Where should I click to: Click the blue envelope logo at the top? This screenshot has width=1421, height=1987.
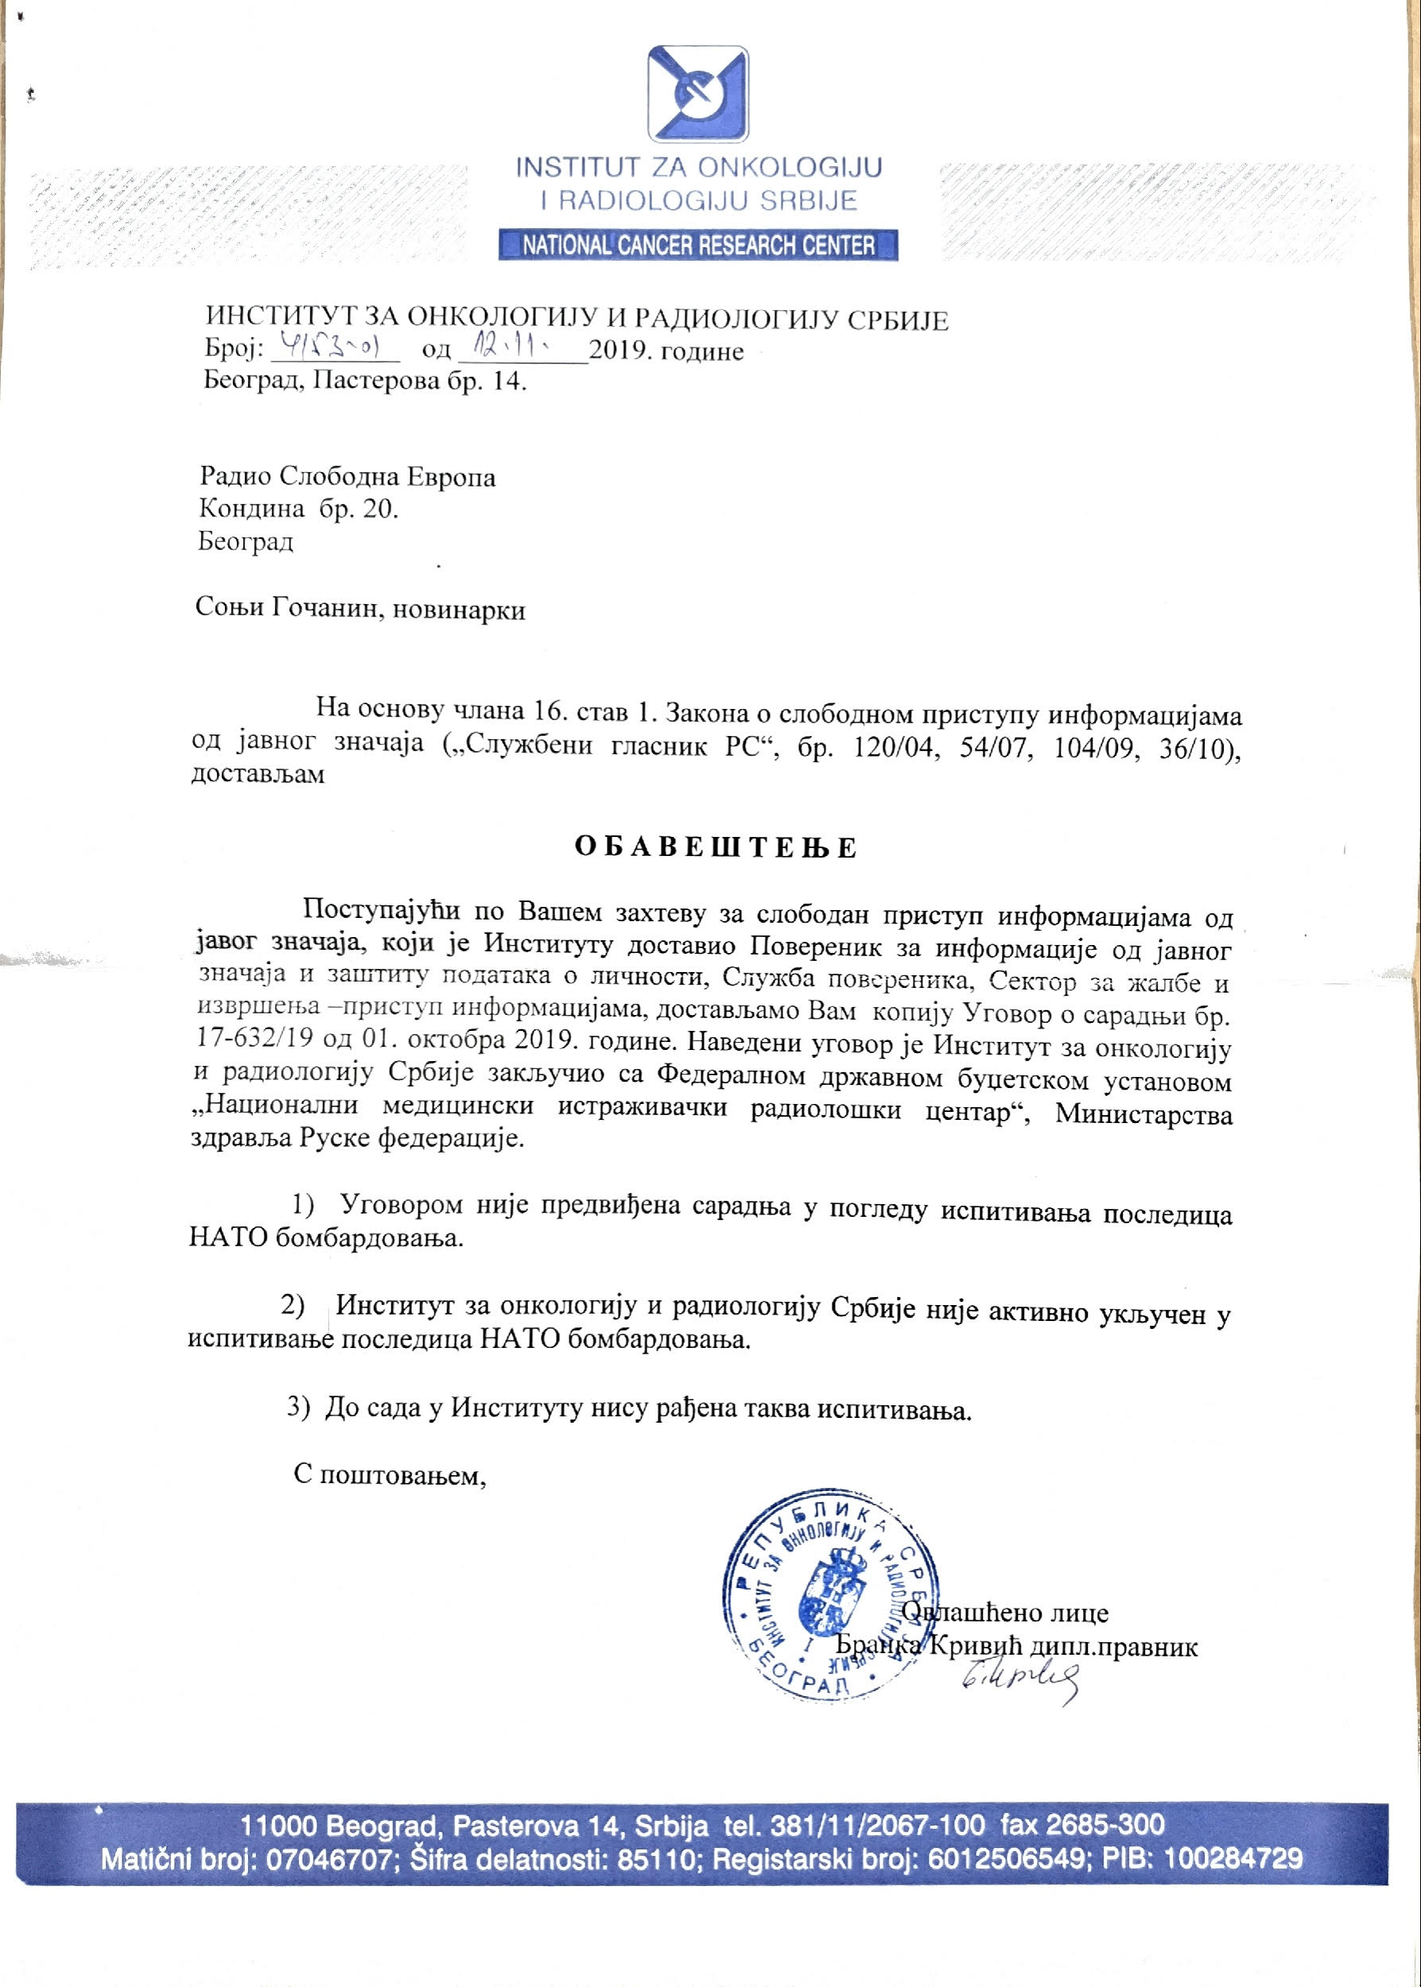click(x=697, y=95)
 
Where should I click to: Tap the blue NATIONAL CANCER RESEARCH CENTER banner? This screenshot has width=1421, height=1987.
click(x=697, y=245)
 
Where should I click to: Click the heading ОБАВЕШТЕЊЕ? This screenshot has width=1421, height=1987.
click(x=715, y=847)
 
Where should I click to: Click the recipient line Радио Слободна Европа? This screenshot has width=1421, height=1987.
click(x=347, y=477)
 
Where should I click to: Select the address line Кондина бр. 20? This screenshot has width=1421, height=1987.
click(x=298, y=508)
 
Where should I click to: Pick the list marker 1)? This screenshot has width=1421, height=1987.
click(x=303, y=1205)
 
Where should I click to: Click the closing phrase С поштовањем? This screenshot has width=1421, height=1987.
click(x=390, y=1474)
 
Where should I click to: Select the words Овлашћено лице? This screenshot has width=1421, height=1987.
click(x=1006, y=1612)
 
